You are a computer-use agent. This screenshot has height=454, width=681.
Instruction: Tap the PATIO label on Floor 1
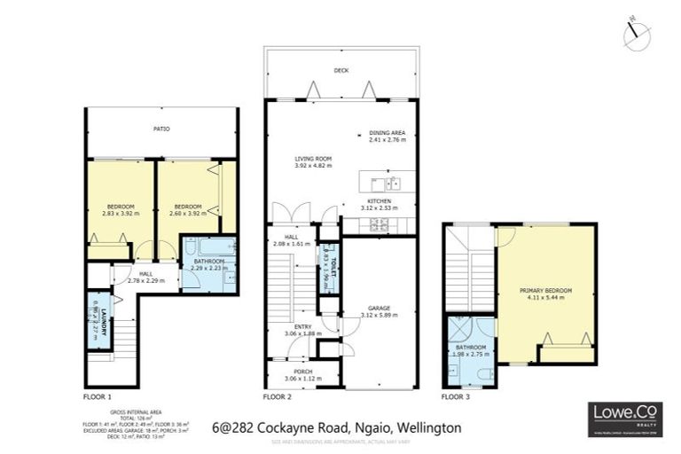tap(160, 129)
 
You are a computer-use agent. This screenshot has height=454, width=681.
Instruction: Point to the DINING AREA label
tap(387, 134)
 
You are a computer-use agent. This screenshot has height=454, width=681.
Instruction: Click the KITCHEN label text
tap(380, 201)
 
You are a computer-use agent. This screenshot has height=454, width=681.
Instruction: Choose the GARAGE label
tap(380, 309)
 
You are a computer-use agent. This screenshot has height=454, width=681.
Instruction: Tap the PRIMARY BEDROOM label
tap(546, 291)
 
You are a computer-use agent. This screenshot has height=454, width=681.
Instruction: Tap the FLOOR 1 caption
tap(99, 396)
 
